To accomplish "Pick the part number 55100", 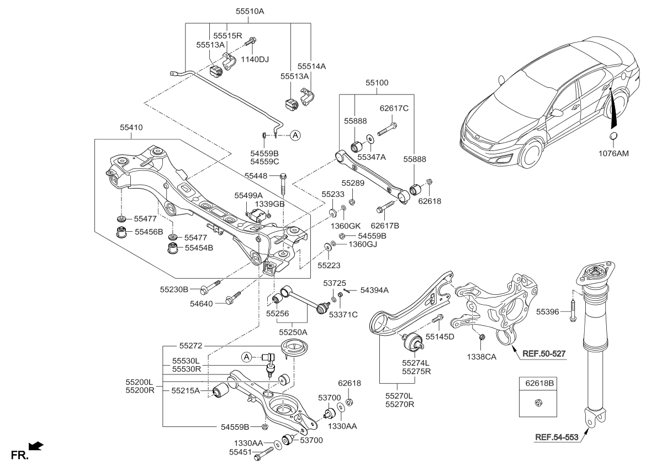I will (377, 83).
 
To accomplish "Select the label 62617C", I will (393, 108).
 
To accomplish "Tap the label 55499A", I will (248, 195).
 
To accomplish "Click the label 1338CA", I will (482, 356).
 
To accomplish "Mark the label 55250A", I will (293, 332).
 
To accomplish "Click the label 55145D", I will (440, 336).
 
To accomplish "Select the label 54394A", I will (374, 290).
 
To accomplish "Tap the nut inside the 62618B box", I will (538, 403).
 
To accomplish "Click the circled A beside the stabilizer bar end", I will (295, 134).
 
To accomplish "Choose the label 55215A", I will (186, 390).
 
